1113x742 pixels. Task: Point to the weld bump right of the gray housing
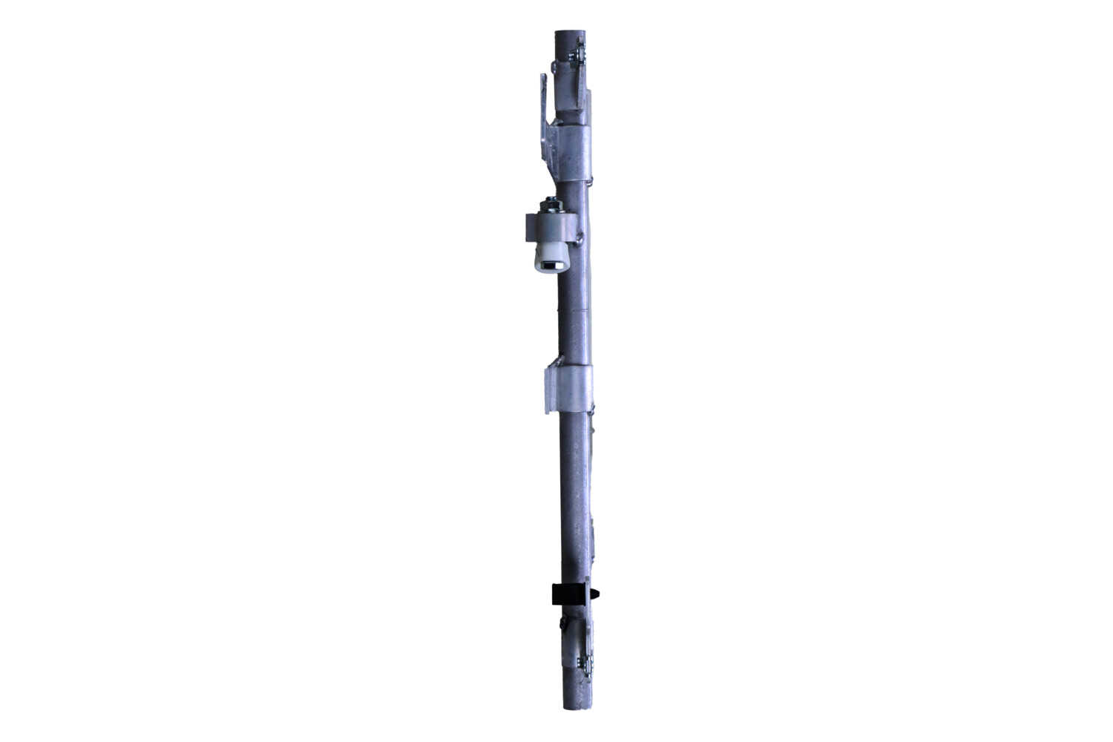(x=580, y=237)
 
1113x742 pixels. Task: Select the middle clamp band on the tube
(x=574, y=386)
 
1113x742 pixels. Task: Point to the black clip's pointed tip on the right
(x=599, y=593)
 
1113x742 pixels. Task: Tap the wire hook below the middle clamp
(x=593, y=407)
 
